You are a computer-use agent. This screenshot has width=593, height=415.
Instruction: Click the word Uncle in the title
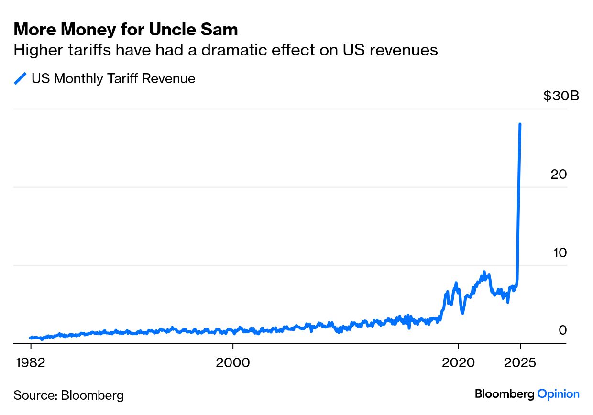[x=172, y=29]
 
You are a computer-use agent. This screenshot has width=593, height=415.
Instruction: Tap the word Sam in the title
[x=219, y=29]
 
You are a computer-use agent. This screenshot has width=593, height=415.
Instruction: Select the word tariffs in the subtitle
[x=89, y=50]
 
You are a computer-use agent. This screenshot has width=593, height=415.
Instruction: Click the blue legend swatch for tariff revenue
[x=20, y=78]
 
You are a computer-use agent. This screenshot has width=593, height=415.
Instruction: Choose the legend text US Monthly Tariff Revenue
[x=113, y=78]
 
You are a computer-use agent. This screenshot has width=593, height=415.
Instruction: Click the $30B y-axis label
[x=561, y=96]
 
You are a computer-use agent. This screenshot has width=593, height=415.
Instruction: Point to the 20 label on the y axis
[x=559, y=174]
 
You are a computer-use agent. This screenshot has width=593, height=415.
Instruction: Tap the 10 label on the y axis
[x=560, y=252]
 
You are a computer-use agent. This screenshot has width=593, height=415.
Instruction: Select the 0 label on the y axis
[x=562, y=330]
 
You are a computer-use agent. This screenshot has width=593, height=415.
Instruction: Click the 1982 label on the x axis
[x=31, y=362]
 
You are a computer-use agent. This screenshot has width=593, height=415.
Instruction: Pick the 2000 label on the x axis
[x=233, y=362]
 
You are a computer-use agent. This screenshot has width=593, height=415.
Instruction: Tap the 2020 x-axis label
[x=458, y=362]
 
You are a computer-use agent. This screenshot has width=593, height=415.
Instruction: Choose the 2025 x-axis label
[x=520, y=362]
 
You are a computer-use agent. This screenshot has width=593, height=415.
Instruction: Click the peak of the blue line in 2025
[x=520, y=124]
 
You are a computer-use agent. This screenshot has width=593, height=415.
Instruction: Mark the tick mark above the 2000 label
[x=233, y=346]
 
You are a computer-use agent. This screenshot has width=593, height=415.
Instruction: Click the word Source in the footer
[x=35, y=395]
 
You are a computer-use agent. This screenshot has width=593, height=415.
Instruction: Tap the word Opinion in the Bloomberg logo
[x=558, y=394]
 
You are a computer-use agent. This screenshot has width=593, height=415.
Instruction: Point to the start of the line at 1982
[x=31, y=338]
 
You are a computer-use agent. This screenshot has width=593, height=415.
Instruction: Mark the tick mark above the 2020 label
[x=458, y=346]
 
